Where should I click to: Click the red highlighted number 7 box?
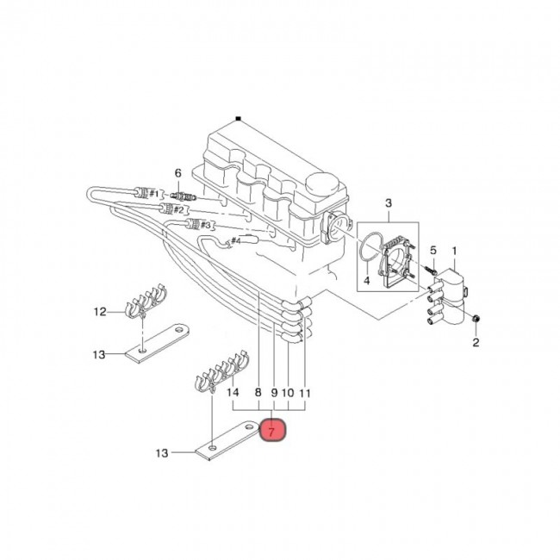pyautogui.click(x=274, y=429)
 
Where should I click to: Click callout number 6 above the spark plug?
pyautogui.click(x=177, y=173)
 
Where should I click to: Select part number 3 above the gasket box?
pyautogui.click(x=388, y=203)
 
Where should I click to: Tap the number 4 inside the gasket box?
pyautogui.click(x=365, y=280)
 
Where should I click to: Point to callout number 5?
pyautogui.click(x=433, y=251)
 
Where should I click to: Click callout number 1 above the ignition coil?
pyautogui.click(x=456, y=251)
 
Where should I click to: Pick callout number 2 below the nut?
pyautogui.click(x=476, y=344)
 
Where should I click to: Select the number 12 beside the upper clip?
pyautogui.click(x=100, y=311)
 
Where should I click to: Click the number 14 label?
pyautogui.click(x=233, y=393)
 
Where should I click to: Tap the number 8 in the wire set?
pyautogui.click(x=258, y=393)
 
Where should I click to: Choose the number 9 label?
pyautogui.click(x=274, y=393)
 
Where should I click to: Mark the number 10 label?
pyautogui.click(x=289, y=393)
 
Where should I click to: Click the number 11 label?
pyautogui.click(x=305, y=393)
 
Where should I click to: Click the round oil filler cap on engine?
pyautogui.click(x=325, y=184)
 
